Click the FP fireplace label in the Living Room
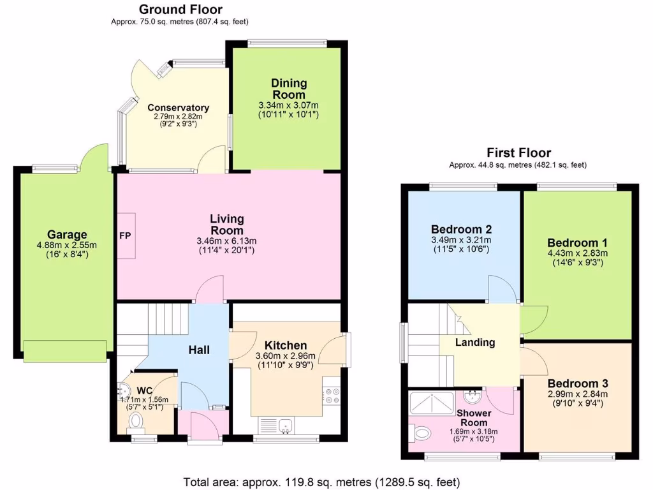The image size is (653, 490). tap(125, 235)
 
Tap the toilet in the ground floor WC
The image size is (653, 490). tap(135, 420)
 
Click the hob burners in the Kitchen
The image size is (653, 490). tap(332, 395)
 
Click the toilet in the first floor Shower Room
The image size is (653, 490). tap(420, 434)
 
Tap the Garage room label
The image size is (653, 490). tap(66, 234)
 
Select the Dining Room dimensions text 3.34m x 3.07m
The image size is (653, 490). tap(288, 105)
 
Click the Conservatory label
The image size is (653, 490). tap(178, 107)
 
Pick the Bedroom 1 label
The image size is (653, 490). tap(577, 242)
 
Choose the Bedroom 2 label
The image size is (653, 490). tap(461, 230)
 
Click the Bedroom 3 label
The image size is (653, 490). tap(577, 383)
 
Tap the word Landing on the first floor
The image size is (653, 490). tap(474, 343)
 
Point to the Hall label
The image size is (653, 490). tap(199, 350)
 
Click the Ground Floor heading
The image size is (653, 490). tap(180, 9)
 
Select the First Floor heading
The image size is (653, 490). tap(518, 152)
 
